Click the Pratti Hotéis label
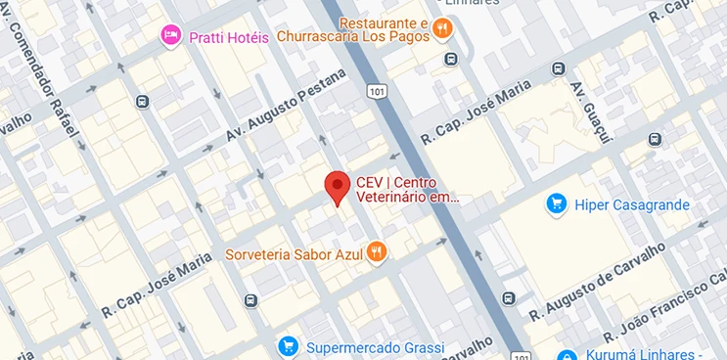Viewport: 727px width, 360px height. pyautogui.click(x=228, y=36)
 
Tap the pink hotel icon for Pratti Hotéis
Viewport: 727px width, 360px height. pyautogui.click(x=171, y=36)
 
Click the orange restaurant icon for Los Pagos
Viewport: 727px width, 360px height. pyautogui.click(x=442, y=28)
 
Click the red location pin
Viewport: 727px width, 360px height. pyautogui.click(x=338, y=187)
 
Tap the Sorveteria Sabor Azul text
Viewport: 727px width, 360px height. pyautogui.click(x=294, y=254)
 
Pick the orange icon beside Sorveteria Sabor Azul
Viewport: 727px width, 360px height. pyautogui.click(x=377, y=253)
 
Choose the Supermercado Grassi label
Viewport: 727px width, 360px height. pyautogui.click(x=375, y=347)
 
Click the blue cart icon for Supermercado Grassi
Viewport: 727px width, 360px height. pyautogui.click(x=288, y=346)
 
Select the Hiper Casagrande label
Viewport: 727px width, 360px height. pyautogui.click(x=631, y=205)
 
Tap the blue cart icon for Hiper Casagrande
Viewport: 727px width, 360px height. pyautogui.click(x=557, y=204)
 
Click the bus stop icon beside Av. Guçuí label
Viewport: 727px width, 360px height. pyautogui.click(x=558, y=69)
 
